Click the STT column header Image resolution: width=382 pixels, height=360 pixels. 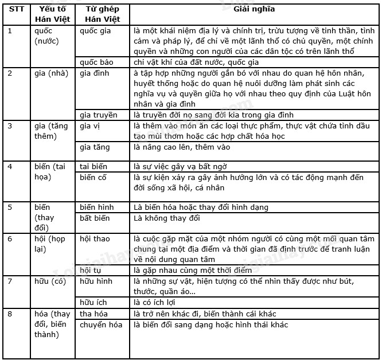(x=17, y=9)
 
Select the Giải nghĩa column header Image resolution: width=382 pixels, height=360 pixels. (x=252, y=9)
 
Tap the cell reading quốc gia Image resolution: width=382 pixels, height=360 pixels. (x=95, y=31)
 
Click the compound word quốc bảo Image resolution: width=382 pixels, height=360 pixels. (x=97, y=62)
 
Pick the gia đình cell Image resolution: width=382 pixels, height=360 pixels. (x=96, y=73)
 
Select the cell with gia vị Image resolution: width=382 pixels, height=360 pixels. (x=91, y=126)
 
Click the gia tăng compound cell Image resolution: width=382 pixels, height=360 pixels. (x=95, y=147)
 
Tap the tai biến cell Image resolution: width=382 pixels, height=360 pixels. (x=93, y=166)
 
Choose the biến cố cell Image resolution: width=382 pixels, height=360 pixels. (x=93, y=178)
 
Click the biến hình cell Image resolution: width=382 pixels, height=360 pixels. (x=97, y=207)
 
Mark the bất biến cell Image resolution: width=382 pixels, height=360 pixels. (x=95, y=218)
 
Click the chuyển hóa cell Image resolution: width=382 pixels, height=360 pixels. (x=101, y=325)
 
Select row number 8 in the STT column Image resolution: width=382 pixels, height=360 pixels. (x=10, y=314)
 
